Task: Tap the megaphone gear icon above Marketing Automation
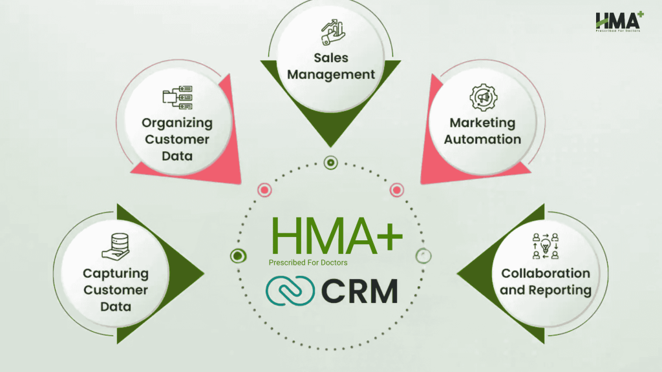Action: pyautogui.click(x=482, y=98)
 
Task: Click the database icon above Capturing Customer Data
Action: pyautogui.click(x=115, y=246)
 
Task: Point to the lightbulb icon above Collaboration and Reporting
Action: pyautogui.click(x=545, y=246)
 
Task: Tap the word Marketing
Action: pyautogui.click(x=482, y=122)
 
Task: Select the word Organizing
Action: pyautogui.click(x=177, y=123)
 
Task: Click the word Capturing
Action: pyautogui.click(x=116, y=274)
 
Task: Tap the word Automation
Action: pyautogui.click(x=482, y=139)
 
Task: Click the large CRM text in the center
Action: pyautogui.click(x=359, y=291)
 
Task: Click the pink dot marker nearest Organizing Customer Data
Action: pyautogui.click(x=264, y=190)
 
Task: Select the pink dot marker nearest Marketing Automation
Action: pyautogui.click(x=397, y=190)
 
